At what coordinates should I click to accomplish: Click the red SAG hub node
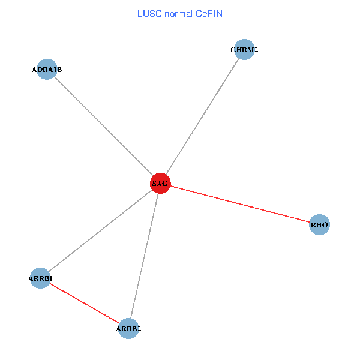[x=161, y=184]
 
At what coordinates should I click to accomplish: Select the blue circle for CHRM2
[x=245, y=50]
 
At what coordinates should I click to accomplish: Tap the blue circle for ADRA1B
[x=47, y=70]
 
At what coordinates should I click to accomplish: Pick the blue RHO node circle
[x=320, y=225]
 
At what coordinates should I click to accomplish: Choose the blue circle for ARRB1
[x=40, y=278]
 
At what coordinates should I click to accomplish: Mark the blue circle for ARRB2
[x=129, y=328]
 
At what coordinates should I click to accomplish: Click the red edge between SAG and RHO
[x=240, y=204]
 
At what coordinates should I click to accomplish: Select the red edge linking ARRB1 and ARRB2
[x=85, y=303]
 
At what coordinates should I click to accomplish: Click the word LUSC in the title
[x=148, y=13]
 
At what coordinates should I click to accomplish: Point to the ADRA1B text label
[x=47, y=70]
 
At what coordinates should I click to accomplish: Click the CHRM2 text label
[x=244, y=50]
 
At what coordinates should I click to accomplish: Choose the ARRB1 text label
[x=41, y=278]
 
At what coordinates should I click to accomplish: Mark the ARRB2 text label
[x=129, y=329]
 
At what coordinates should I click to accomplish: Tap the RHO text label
[x=319, y=226]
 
